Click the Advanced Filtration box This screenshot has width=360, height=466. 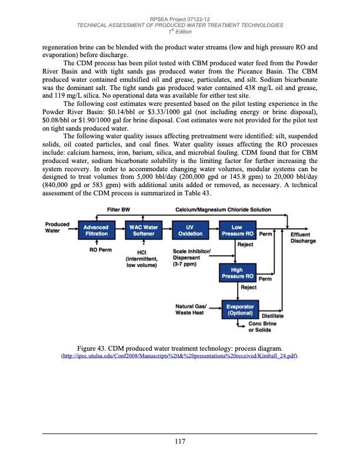point(95,230)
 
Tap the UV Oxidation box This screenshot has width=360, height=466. point(189,230)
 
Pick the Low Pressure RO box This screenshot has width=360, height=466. point(237,230)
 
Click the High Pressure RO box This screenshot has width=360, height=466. point(237,272)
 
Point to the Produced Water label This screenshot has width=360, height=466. point(57,227)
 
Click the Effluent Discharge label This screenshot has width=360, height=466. point(303,237)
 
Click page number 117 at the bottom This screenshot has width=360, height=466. point(179,442)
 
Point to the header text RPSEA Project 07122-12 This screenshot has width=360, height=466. point(179,19)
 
